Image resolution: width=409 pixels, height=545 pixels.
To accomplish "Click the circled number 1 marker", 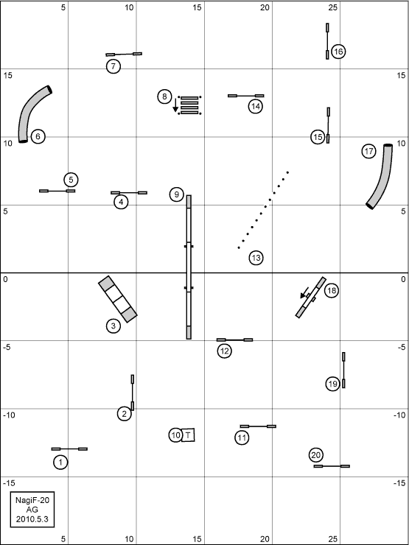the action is click(x=61, y=463).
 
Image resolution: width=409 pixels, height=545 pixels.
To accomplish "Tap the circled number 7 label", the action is click(x=113, y=66).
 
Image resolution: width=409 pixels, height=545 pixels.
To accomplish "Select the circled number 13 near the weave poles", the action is click(x=256, y=258).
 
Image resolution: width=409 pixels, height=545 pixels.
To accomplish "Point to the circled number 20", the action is click(x=316, y=454).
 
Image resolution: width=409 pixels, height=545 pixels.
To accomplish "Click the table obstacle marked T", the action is click(x=188, y=435).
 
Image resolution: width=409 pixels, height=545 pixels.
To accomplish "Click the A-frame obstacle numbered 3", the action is click(x=118, y=299).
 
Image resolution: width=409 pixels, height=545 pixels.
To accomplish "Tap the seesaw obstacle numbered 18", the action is click(x=310, y=298).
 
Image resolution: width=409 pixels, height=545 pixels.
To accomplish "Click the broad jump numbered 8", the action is click(x=189, y=105).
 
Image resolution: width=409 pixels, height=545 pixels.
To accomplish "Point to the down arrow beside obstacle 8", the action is click(x=175, y=105).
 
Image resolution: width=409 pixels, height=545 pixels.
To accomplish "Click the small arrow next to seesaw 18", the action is click(x=304, y=292).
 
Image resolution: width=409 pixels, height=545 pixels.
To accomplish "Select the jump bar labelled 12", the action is click(x=235, y=340).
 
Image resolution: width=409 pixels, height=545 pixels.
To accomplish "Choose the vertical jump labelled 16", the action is click(x=327, y=41).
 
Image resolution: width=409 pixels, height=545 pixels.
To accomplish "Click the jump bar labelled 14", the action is click(x=246, y=96).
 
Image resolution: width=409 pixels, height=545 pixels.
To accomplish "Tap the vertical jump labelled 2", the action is click(x=133, y=393).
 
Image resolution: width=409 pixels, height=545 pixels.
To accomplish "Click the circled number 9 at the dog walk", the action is click(x=177, y=194).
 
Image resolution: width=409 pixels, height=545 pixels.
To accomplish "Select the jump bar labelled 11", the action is click(x=258, y=426).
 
